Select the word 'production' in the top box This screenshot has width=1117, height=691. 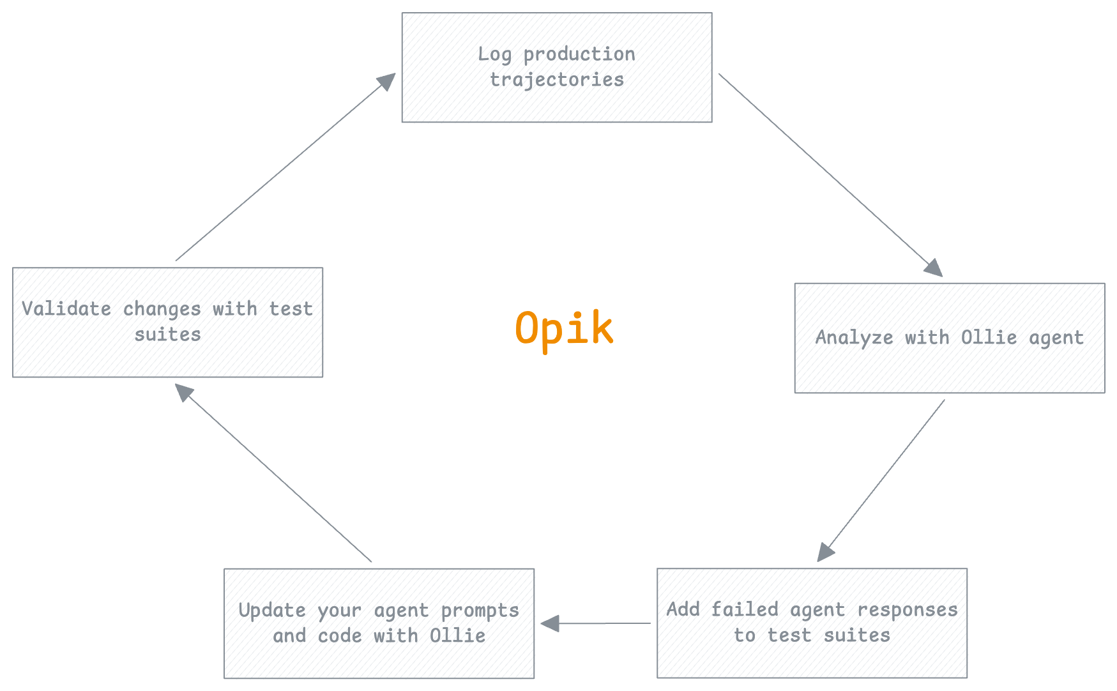(x=579, y=55)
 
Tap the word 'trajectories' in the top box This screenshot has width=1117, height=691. (x=556, y=80)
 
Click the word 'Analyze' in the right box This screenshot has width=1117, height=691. (x=854, y=338)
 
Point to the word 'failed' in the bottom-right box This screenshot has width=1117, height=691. (x=744, y=610)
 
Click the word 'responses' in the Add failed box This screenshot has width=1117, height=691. (x=907, y=610)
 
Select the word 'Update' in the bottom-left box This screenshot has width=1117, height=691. (x=272, y=611)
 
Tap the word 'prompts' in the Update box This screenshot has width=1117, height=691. (x=480, y=611)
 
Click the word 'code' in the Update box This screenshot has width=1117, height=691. (x=340, y=636)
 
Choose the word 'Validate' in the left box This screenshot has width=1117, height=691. (x=66, y=309)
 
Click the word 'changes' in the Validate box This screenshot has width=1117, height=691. (x=162, y=309)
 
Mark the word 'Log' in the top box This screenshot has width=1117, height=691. (x=494, y=55)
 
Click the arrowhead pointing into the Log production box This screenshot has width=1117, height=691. (x=387, y=80)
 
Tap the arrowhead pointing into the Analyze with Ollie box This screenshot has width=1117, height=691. (x=934, y=268)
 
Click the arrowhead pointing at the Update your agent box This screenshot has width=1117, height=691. (x=550, y=623)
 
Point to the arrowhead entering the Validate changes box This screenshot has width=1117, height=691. (x=184, y=391)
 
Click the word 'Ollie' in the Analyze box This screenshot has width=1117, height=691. (x=989, y=338)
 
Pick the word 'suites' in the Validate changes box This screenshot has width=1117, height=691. (x=167, y=335)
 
